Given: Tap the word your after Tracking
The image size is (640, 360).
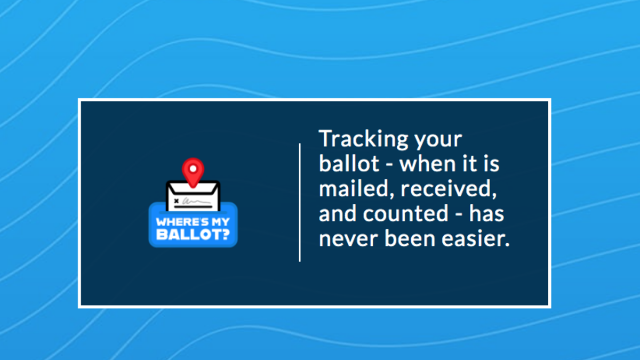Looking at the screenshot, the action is point(438,141).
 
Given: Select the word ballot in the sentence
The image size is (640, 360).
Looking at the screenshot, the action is point(349,163).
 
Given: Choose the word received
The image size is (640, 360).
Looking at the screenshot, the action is point(449,189).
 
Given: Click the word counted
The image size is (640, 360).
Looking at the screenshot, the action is point(405,213).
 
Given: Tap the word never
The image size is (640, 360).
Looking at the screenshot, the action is point(349,239).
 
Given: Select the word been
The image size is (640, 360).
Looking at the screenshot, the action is point(410,238).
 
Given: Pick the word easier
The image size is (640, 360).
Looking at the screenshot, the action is point(476,238).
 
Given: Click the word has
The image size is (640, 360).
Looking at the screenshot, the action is point(486,213).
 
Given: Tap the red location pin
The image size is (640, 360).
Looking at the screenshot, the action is point(193,171).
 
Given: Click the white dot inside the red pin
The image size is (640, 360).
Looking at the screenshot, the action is point(193,169).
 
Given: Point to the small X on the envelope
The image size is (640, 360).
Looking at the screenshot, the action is point(177,201).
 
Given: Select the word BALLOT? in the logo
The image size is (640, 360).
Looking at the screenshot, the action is point(193,235).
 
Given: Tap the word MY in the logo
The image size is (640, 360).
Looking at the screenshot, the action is point(219,222).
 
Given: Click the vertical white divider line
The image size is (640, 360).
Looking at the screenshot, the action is point(300,202).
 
